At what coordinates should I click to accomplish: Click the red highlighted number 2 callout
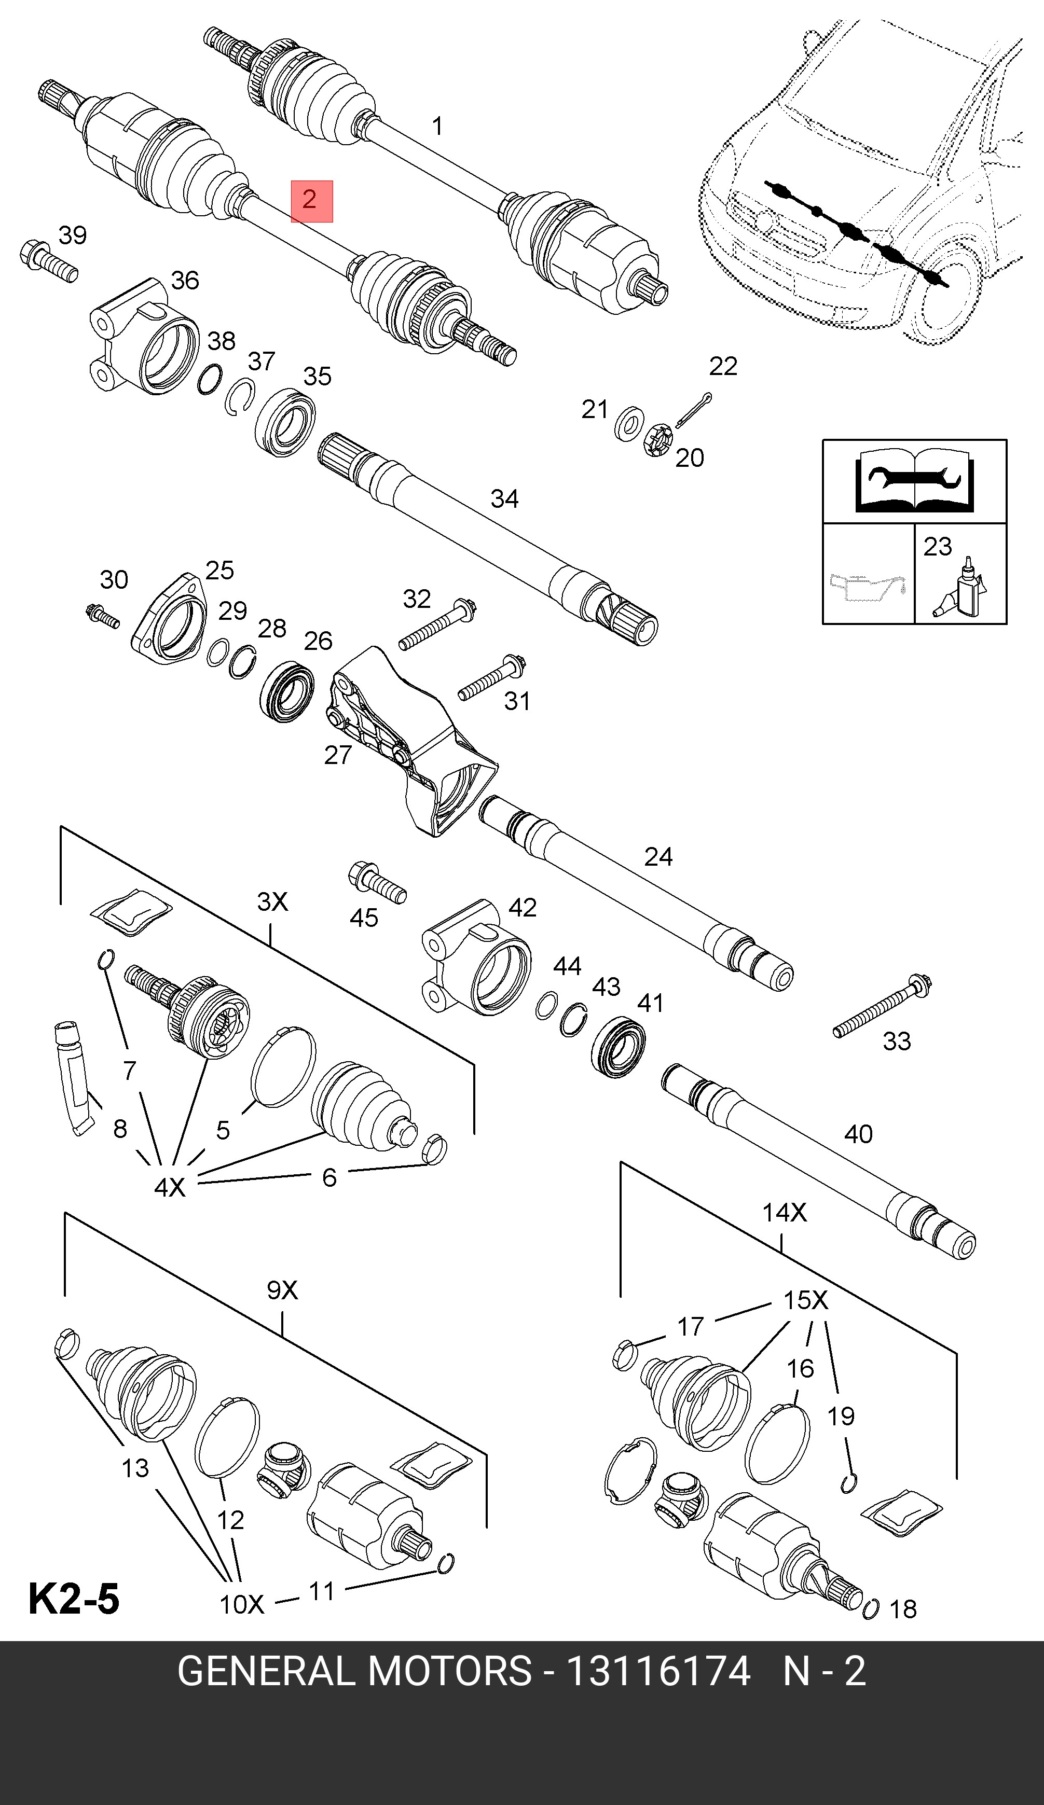coord(312,201)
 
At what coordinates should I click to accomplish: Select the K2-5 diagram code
coord(74,1600)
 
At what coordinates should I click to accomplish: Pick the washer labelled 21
coord(628,423)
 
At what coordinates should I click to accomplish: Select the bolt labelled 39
coord(47,262)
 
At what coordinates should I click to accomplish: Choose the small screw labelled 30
coord(102,616)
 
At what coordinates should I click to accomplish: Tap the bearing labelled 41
coord(619,1047)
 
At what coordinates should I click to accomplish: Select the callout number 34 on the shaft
coord(504,498)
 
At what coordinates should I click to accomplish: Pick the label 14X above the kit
coord(784,1213)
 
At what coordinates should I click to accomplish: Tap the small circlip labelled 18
coord(871,1609)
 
